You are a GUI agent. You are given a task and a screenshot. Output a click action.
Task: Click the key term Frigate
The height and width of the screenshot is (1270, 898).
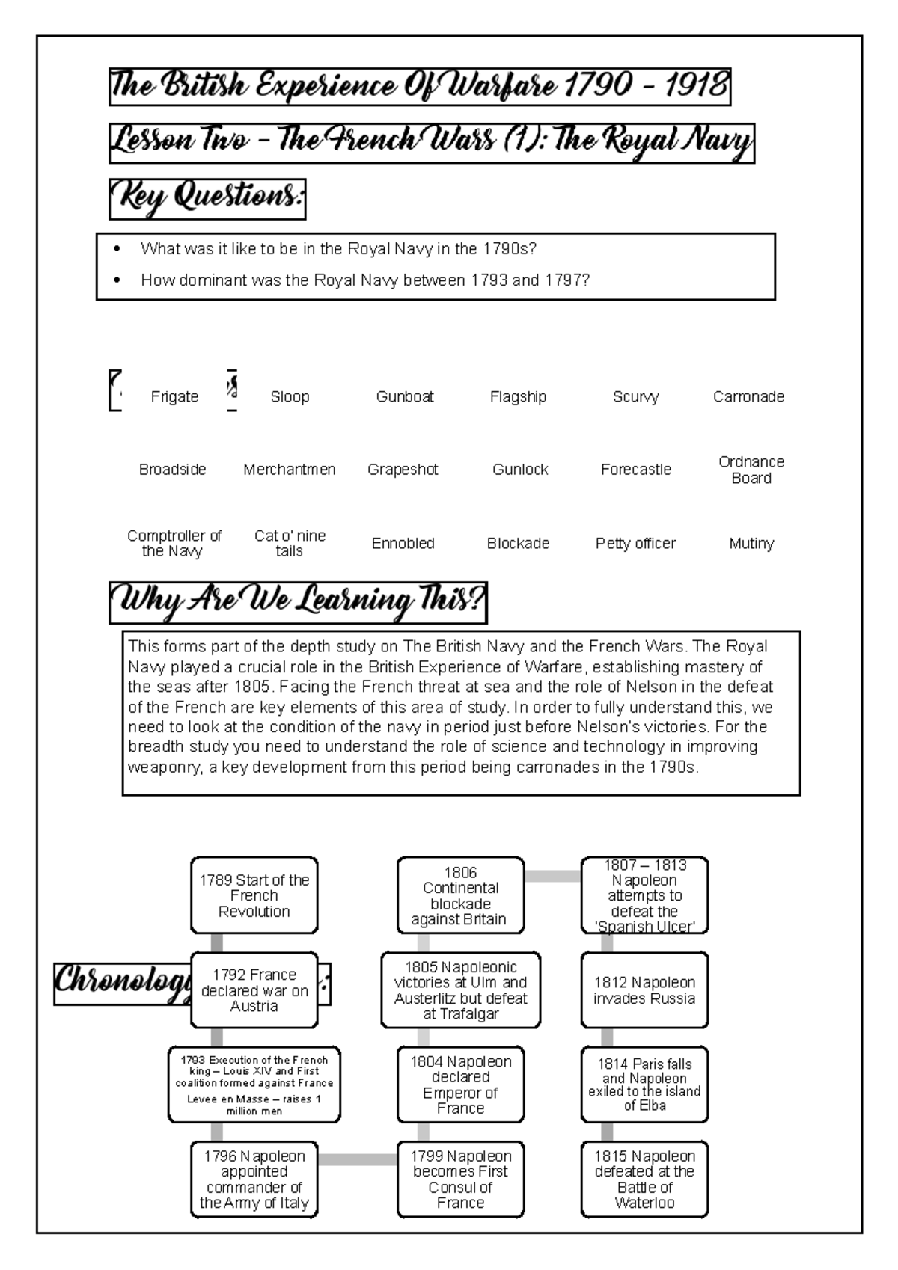pos(174,397)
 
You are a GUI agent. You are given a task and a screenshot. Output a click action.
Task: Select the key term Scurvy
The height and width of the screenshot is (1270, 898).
pos(635,397)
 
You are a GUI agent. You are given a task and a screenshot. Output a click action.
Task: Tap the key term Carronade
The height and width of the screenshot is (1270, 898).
pos(748,397)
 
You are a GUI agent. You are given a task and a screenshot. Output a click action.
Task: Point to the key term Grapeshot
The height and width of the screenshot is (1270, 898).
pos(403,470)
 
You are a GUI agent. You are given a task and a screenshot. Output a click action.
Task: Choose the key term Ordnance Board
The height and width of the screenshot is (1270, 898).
pos(751,470)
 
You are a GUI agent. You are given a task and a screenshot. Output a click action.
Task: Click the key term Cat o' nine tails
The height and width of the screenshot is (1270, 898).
pos(290,544)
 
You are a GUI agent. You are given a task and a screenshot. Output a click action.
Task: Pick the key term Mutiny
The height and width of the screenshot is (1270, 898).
pos(751,544)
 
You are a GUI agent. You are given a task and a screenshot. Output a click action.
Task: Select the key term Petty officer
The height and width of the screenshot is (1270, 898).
pos(635,544)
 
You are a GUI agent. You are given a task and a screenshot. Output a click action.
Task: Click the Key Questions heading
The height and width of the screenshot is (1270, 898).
pos(207,198)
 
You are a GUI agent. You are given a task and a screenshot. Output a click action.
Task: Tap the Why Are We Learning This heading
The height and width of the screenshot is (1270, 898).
pos(298,602)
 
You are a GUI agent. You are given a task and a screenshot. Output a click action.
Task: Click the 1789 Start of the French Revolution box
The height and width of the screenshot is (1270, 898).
pos(254,895)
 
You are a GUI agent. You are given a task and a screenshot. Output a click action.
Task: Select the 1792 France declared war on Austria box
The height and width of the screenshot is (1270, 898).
pos(254,990)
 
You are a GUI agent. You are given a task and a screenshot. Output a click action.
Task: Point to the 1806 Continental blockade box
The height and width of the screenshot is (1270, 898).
pos(460,895)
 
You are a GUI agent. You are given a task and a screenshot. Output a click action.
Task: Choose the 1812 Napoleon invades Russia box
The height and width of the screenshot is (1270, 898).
pos(644,990)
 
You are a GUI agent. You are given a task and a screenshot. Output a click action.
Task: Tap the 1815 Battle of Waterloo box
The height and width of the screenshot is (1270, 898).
pos(644,1179)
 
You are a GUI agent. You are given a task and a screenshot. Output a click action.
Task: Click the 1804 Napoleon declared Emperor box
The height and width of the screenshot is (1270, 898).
pos(460,1085)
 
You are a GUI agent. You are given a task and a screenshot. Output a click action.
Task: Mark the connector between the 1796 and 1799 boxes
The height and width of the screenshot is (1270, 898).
pos(358,1159)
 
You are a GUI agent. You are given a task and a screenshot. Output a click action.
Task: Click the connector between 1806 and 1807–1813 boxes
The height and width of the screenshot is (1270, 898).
pos(552,876)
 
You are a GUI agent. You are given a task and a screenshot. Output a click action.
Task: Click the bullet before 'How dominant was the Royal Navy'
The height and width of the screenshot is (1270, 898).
pos(116,280)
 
